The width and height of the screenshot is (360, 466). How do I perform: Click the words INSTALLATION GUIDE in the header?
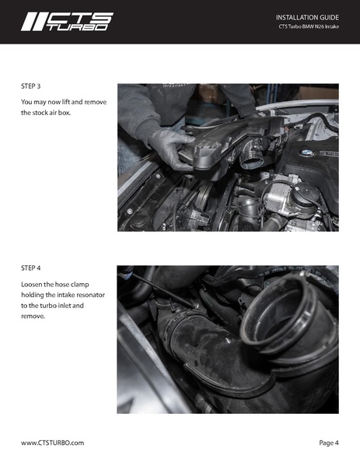coord(308,16)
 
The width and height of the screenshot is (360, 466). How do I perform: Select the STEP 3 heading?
coord(33,86)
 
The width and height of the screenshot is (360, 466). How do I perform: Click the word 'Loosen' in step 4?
coord(34,285)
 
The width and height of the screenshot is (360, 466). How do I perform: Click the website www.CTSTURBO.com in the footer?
coord(52,443)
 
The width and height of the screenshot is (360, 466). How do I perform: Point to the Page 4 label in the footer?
coord(328,443)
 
